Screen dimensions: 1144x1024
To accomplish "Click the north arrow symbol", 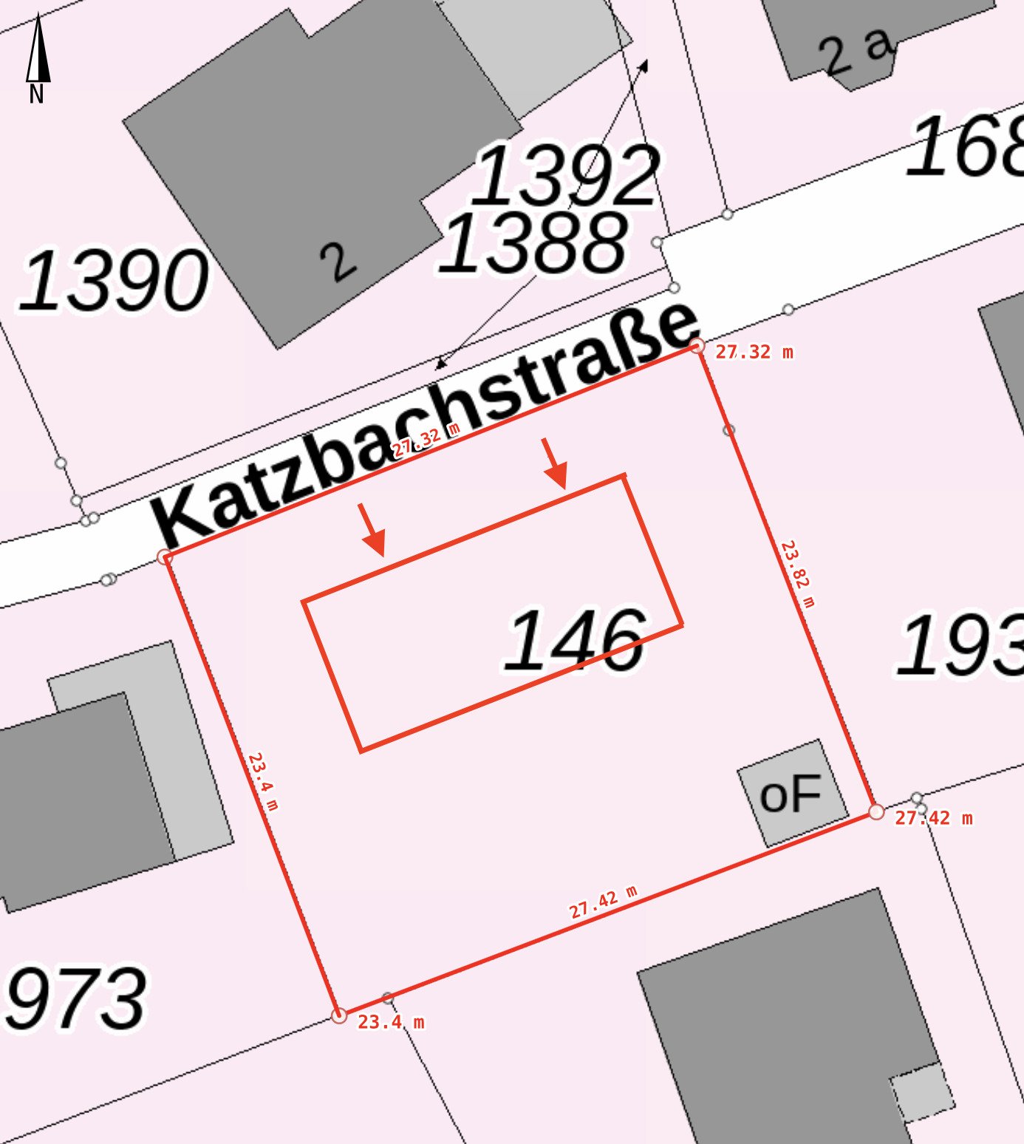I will click(x=38, y=52).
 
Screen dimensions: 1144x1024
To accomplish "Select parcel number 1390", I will click(x=113, y=281).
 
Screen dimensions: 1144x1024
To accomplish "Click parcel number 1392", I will click(x=565, y=176).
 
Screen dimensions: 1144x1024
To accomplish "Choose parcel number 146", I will click(x=574, y=641).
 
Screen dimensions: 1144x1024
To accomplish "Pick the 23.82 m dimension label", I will click(x=798, y=573).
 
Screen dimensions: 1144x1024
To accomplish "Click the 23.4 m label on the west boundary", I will click(x=263, y=781).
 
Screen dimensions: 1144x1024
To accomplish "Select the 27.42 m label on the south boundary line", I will click(x=603, y=902).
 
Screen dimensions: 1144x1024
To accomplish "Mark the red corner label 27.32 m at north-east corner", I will click(x=754, y=353).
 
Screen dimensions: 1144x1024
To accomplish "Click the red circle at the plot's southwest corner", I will click(x=339, y=1015).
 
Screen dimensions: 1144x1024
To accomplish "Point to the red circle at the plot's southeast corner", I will click(x=875, y=812).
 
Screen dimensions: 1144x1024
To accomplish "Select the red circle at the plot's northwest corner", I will click(x=165, y=557).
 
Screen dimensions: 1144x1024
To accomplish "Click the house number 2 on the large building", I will click(x=338, y=262).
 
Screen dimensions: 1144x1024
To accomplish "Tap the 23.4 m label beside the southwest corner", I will click(x=391, y=1022).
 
